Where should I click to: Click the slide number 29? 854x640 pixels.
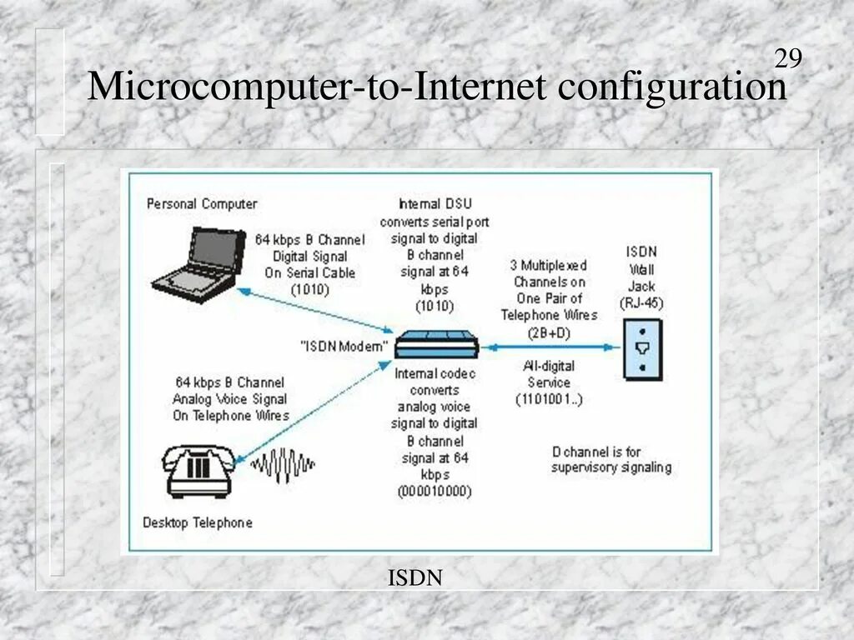point(788,58)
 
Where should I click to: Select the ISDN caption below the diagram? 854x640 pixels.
point(414,577)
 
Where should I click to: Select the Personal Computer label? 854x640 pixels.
point(202,203)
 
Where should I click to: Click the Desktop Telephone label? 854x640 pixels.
point(197,523)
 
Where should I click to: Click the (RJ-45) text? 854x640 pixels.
point(641,303)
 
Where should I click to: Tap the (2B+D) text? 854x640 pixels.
point(548,332)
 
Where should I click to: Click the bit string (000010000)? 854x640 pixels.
point(435,492)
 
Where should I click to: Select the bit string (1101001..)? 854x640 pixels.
point(549,399)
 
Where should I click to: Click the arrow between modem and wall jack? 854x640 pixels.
point(550,345)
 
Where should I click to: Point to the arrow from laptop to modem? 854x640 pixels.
point(317,309)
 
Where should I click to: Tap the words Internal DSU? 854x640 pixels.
point(435,204)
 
